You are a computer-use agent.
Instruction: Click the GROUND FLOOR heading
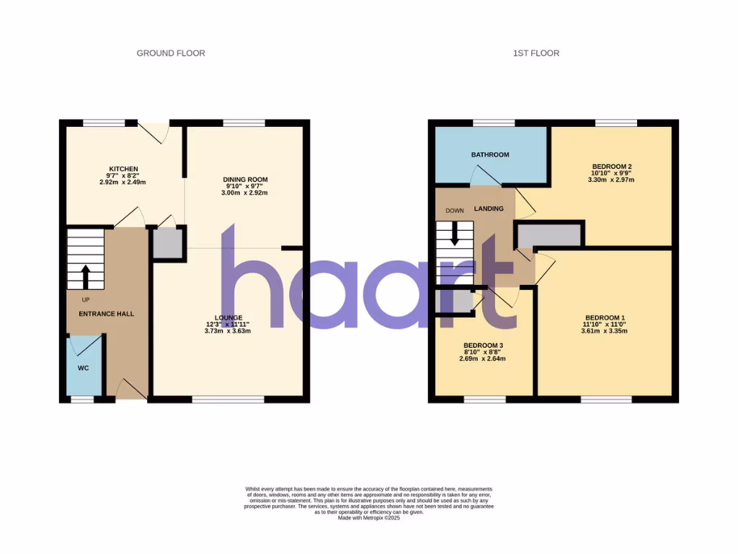point(171,53)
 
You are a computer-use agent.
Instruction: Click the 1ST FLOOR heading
point(535,53)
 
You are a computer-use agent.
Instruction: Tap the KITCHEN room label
point(123,169)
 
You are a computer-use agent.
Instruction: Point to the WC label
point(83,369)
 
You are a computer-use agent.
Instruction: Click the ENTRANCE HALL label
point(107,314)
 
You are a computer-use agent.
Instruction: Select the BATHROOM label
point(490,154)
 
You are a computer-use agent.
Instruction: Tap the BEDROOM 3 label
point(483,345)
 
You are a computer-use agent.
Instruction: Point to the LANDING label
point(489,208)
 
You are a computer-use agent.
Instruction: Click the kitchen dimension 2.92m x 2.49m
point(123,183)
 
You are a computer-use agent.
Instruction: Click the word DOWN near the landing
point(455,211)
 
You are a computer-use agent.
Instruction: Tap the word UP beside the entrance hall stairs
point(86,299)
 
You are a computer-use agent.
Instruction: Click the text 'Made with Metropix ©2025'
point(369,518)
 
